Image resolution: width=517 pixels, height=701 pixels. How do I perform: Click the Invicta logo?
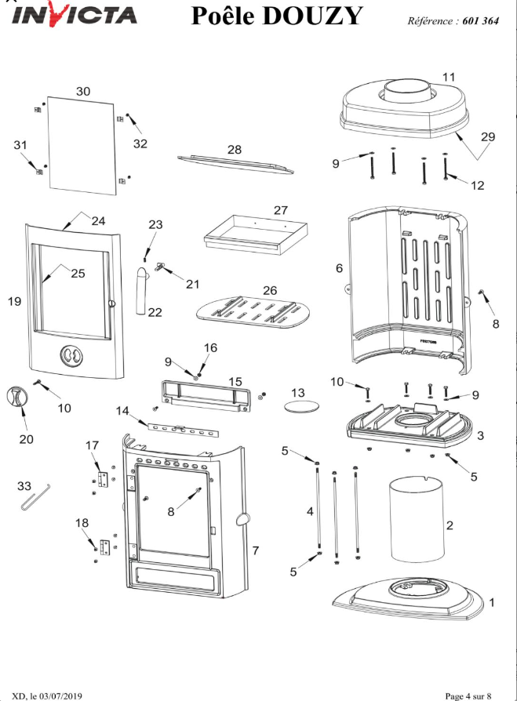coord(75,15)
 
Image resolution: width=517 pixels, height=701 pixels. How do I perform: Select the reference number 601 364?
coord(480,20)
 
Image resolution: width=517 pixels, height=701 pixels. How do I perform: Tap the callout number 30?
coord(83,91)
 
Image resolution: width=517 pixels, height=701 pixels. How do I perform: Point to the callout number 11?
coord(449,77)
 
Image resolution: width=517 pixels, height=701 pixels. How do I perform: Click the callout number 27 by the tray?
coord(281,209)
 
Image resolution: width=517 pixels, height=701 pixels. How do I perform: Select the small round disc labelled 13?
coord(302,407)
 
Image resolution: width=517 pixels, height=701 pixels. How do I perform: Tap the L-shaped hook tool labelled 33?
coord(36,496)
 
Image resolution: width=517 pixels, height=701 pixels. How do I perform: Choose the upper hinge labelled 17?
coord(104,479)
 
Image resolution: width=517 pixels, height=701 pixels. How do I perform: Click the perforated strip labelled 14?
coord(184,430)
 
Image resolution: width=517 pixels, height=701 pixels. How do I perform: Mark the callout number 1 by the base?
coord(492,602)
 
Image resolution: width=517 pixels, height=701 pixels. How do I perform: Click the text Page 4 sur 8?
coord(468,696)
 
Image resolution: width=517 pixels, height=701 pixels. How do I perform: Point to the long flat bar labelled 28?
coord(235,164)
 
